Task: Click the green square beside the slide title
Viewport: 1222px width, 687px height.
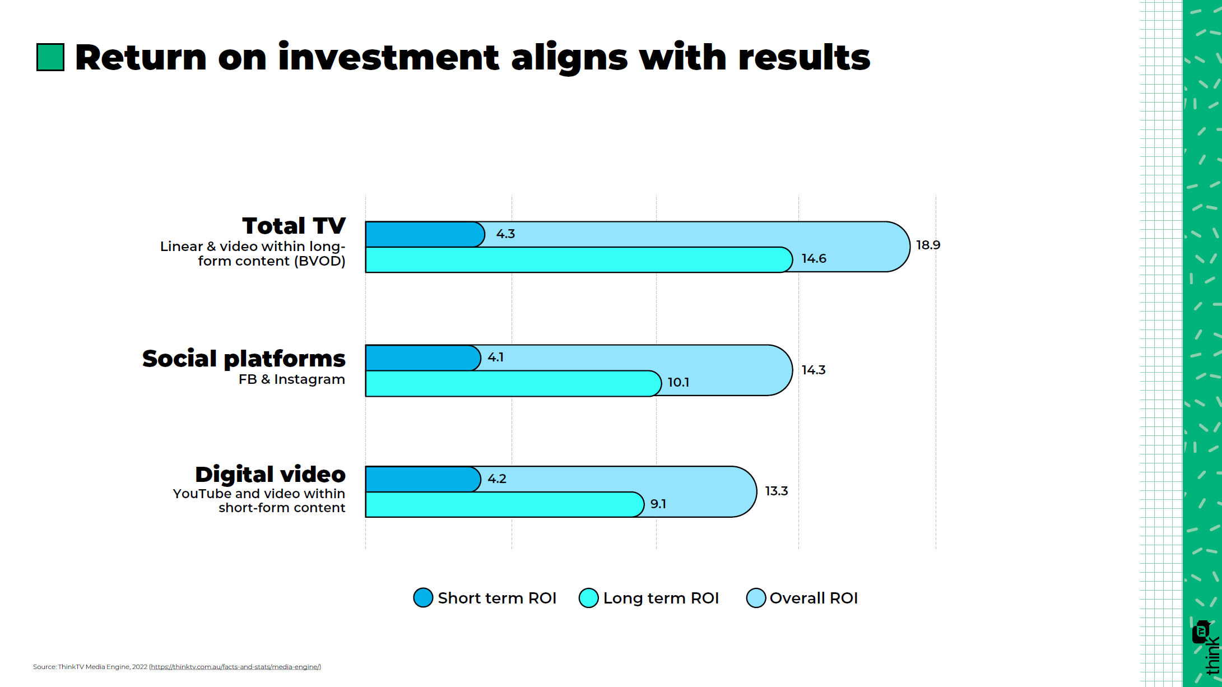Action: point(50,57)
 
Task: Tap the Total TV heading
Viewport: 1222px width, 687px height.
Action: point(294,226)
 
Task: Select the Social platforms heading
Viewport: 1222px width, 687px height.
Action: point(244,359)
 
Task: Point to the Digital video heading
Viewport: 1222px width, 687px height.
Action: point(270,475)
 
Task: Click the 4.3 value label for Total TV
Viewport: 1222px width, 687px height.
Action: point(505,234)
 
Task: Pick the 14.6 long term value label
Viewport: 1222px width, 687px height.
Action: point(814,258)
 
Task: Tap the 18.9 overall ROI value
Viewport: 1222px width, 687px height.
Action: point(928,245)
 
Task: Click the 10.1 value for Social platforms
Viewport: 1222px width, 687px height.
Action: point(678,382)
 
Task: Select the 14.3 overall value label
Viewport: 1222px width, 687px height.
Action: point(814,370)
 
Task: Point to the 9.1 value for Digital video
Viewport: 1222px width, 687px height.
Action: point(658,504)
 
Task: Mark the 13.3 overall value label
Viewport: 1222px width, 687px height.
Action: point(777,491)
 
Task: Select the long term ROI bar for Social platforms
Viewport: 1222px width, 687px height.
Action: point(513,383)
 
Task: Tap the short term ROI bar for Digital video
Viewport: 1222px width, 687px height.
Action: point(423,479)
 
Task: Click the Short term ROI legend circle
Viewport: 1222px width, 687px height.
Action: point(423,597)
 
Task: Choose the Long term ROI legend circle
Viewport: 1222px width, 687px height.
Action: point(588,597)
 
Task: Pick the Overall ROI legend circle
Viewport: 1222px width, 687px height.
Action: point(756,597)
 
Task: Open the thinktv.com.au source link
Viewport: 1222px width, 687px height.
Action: point(235,667)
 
